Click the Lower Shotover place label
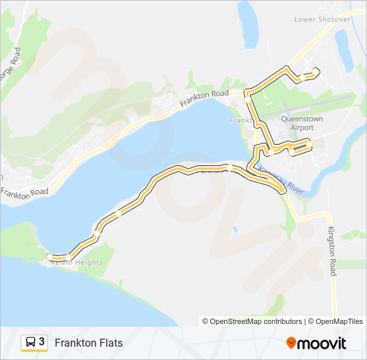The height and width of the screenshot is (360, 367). (x=322, y=19)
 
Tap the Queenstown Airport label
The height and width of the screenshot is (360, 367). (x=302, y=123)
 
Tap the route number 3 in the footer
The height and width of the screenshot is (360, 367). (x=42, y=342)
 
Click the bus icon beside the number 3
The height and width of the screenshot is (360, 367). (x=30, y=343)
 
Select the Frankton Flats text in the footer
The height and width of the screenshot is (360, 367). (x=89, y=343)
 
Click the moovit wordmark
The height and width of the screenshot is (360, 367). (x=322, y=343)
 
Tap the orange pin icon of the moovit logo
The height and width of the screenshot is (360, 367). (x=291, y=343)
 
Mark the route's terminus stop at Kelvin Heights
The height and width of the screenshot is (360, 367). (x=49, y=257)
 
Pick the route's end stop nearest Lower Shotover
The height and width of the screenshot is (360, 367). (x=316, y=72)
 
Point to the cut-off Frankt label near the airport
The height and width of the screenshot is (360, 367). (x=240, y=121)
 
